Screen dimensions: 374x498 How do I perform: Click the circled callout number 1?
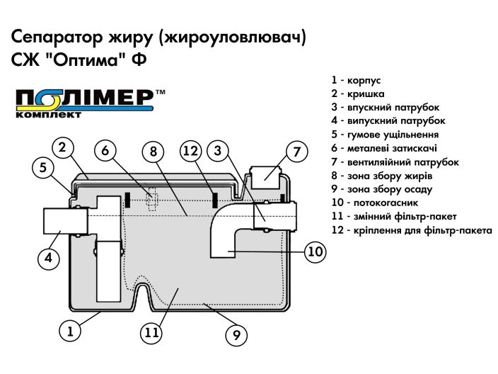tap(70, 329)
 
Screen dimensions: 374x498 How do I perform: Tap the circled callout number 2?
tap(63, 147)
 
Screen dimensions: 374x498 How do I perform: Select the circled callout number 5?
tap(43, 168)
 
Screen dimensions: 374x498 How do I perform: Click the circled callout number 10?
tap(315, 251)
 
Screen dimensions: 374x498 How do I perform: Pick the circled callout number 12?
tap(191, 151)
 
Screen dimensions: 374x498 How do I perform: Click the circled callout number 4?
tap(48, 258)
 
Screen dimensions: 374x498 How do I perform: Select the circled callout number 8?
tap(152, 151)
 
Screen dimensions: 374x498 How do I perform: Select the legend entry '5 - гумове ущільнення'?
tap(385, 135)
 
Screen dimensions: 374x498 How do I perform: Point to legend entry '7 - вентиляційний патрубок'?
tap(395, 162)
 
